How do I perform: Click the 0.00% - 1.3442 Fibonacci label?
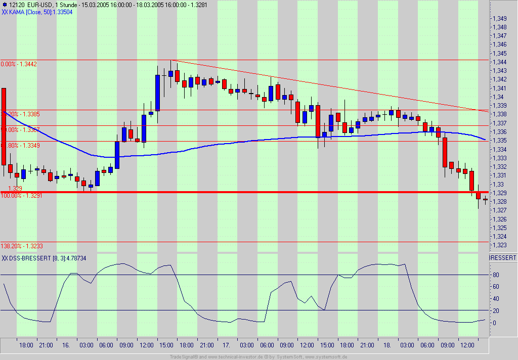pyautogui.click(x=19, y=64)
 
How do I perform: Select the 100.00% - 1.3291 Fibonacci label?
pyautogui.click(x=22, y=195)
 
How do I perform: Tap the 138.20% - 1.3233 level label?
pyautogui.click(x=22, y=246)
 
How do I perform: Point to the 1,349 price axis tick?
pyautogui.click(x=500, y=19)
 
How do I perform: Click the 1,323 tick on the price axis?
pyautogui.click(x=500, y=245)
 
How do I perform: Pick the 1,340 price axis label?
pyautogui.click(x=500, y=97)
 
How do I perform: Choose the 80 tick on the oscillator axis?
pyautogui.click(x=496, y=276)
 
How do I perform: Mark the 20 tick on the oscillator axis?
pyautogui.click(x=496, y=311)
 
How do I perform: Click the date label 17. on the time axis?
pyautogui.click(x=227, y=345)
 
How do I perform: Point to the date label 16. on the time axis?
pyautogui.click(x=66, y=345)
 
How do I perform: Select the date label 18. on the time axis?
pyautogui.click(x=387, y=345)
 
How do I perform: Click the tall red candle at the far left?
pyautogui.click(x=4, y=126)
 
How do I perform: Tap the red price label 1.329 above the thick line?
pyautogui.click(x=15, y=188)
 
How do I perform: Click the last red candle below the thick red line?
pyautogui.click(x=485, y=200)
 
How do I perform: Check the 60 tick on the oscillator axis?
pyautogui.click(x=496, y=287)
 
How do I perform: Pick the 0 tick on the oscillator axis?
pyautogui.click(x=496, y=323)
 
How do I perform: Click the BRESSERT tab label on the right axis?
pyautogui.click(x=503, y=258)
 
